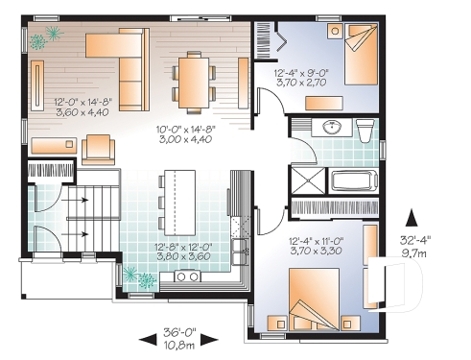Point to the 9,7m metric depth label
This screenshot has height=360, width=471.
point(415,252)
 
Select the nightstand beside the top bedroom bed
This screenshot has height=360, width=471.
point(335,31)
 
